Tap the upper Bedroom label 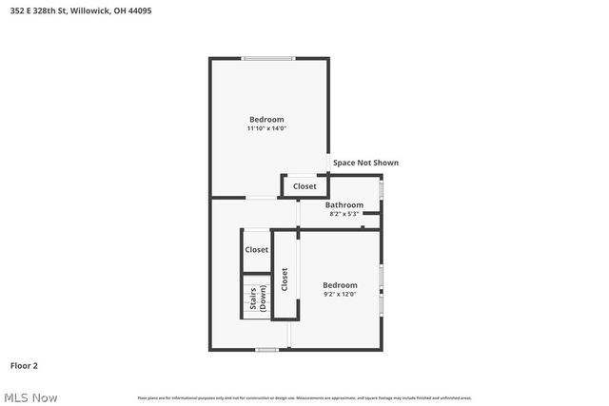click(266, 120)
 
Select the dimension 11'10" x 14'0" click(266, 128)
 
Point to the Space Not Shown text click(365, 163)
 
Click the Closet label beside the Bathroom click(304, 186)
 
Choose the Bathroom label click(344, 204)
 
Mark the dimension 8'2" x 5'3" click(344, 214)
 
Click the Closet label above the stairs click(257, 250)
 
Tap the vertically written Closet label click(285, 279)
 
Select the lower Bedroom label click(340, 285)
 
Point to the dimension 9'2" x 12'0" click(340, 295)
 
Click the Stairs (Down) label click(257, 300)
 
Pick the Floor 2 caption click(24, 365)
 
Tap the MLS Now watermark click(29, 397)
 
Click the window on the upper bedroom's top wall click(268, 59)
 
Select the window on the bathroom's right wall click(382, 188)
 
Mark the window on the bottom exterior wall click(267, 350)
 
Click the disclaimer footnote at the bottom click(304, 397)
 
